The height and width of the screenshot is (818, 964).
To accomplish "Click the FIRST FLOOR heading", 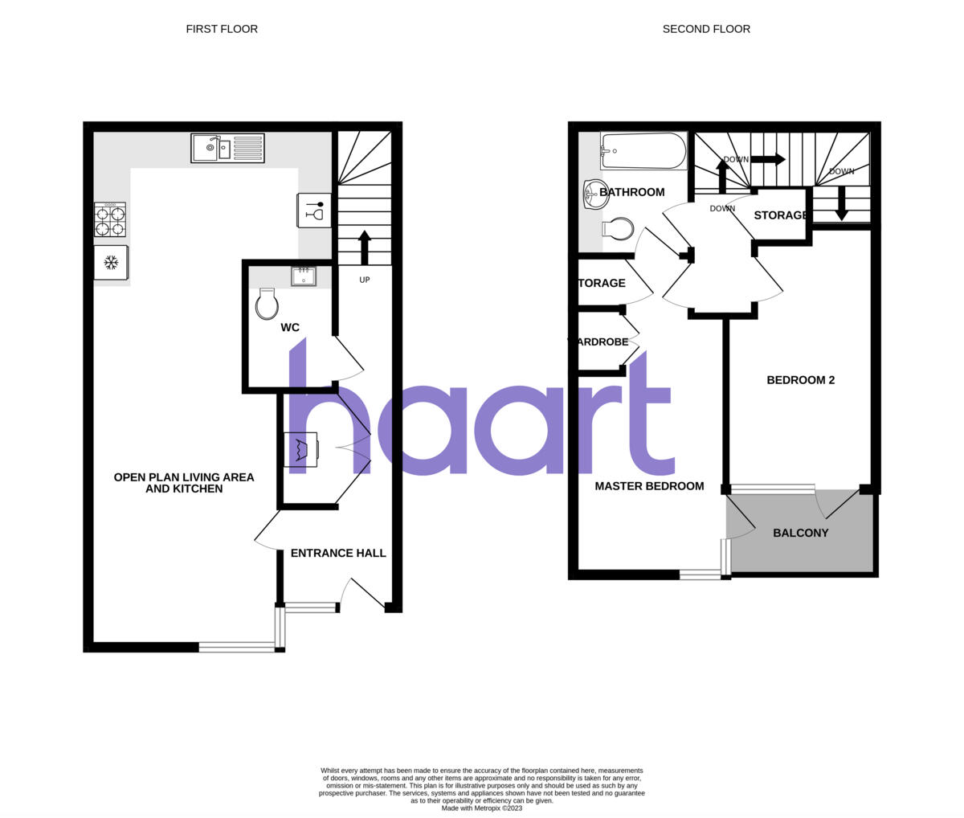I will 222,29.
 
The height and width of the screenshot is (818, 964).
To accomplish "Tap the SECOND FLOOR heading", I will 706,29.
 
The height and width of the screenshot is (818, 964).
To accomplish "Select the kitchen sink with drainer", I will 227,148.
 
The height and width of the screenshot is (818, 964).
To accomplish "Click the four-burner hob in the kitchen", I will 110,219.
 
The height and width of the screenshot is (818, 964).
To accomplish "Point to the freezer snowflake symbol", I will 112,262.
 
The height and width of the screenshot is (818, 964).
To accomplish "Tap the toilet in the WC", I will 267,305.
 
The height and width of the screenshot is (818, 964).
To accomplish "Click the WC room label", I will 290,328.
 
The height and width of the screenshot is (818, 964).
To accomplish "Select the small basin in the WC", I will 304,276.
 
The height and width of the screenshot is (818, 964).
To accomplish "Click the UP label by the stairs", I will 365,280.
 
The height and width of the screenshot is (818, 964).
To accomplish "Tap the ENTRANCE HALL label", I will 338,553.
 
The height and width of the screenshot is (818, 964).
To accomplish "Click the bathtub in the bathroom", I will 643,150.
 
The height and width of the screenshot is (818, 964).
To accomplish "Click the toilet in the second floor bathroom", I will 617,230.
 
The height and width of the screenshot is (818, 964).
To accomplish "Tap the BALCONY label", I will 800,533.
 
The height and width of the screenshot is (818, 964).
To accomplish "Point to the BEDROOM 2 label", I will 800,380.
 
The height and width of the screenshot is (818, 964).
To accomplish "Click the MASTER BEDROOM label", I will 649,486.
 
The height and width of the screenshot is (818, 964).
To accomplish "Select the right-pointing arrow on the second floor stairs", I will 768,159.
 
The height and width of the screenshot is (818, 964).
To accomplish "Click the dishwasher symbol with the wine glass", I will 314,211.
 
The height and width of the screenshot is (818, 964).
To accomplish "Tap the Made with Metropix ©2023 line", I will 482,808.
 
